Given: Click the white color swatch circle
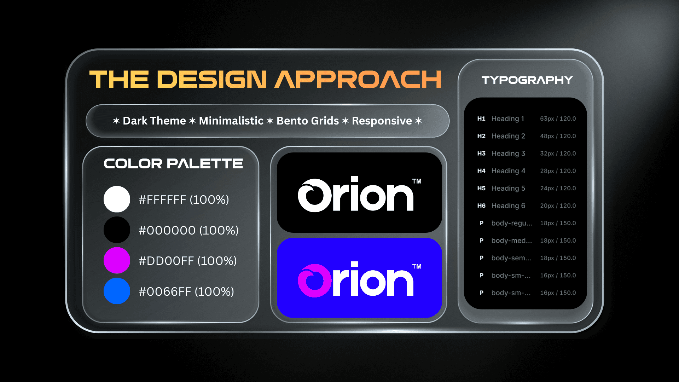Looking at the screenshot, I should click(117, 199).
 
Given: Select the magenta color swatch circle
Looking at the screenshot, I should click(117, 260).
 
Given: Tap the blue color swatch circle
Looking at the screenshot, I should click(117, 291).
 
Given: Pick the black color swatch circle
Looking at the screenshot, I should click(117, 230).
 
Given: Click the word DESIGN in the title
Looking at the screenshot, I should click(211, 79).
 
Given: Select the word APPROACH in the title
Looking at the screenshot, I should click(358, 79).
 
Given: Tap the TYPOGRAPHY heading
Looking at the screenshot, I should click(527, 80).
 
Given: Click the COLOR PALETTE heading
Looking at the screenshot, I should click(173, 163).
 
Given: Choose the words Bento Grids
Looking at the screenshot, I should click(308, 121).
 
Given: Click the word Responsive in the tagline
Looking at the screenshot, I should click(382, 121).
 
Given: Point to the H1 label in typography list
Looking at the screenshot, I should click(481, 119).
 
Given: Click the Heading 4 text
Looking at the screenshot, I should click(508, 171).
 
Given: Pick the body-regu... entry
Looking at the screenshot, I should click(512, 223).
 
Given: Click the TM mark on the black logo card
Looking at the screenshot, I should click(417, 181).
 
